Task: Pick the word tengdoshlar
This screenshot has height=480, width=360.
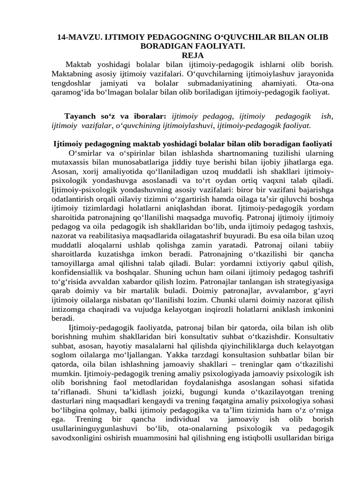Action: [72, 82]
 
